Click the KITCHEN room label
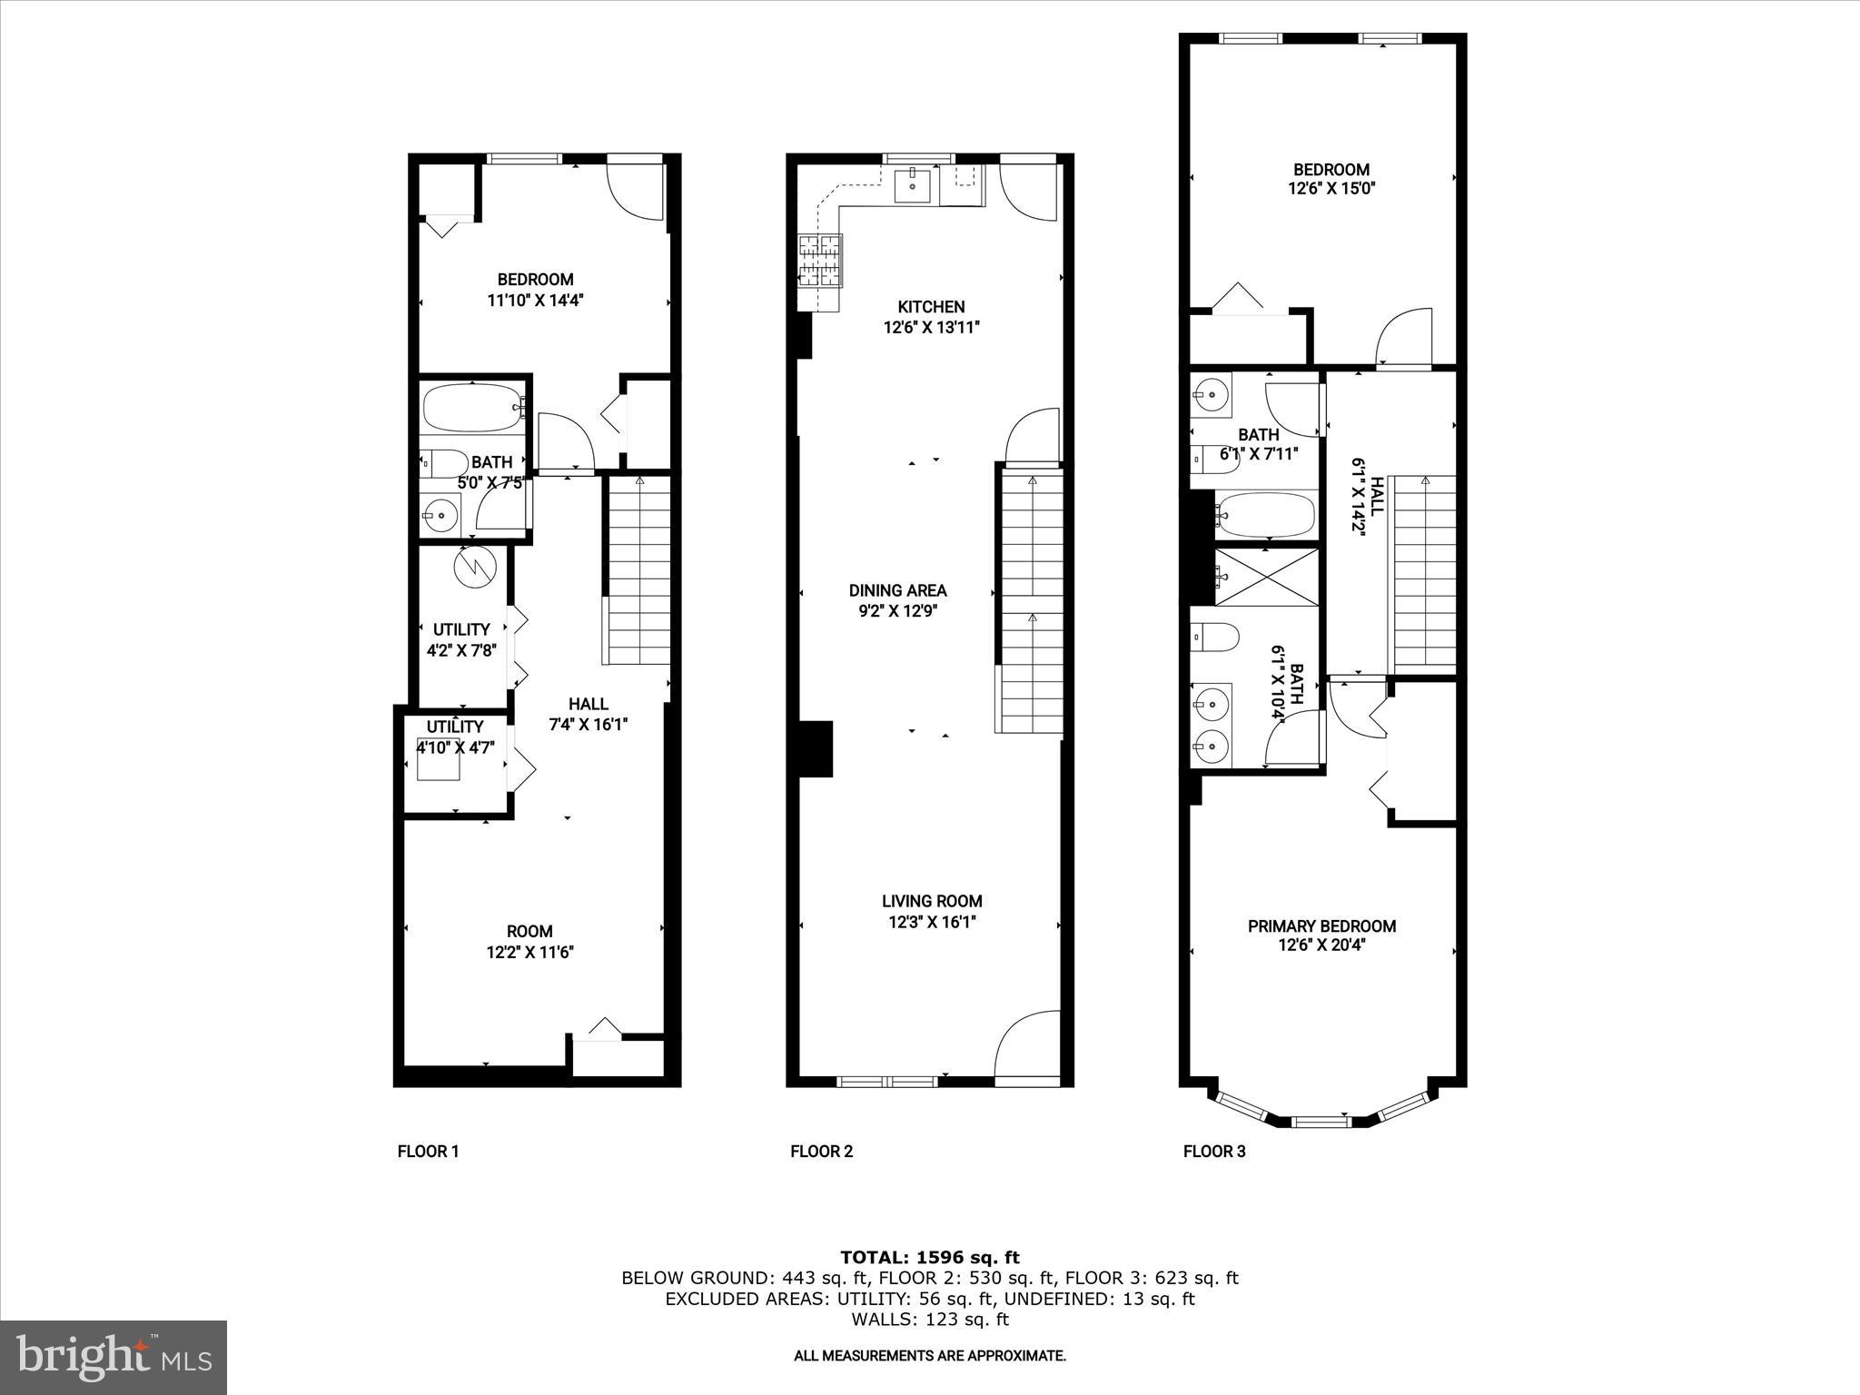[931, 307]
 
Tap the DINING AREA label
[897, 590]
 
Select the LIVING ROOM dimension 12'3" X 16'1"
[932, 923]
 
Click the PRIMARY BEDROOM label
[1321, 926]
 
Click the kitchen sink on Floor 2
[912, 185]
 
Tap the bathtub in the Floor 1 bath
[472, 407]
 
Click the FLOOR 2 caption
[821, 1152]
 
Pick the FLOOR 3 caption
[1214, 1152]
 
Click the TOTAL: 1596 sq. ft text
[930, 1258]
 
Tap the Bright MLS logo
[114, 1358]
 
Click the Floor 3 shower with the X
[1267, 576]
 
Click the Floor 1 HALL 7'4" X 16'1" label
[589, 714]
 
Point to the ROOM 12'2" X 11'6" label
[529, 942]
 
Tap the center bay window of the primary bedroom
[1321, 1123]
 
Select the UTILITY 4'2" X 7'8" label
[461, 639]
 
